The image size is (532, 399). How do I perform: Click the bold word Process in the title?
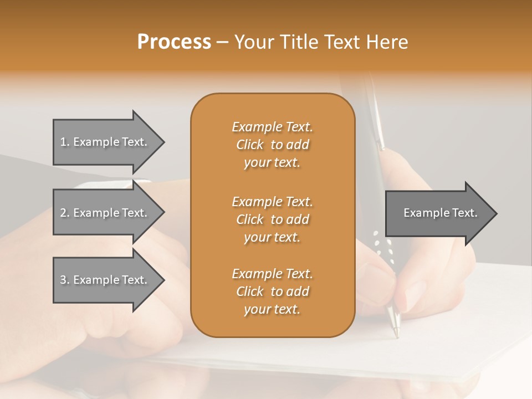click(x=174, y=42)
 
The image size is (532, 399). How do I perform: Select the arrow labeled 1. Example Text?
click(x=105, y=142)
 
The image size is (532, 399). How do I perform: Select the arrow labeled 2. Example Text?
click(x=105, y=213)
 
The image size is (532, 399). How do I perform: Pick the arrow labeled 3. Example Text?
click(x=105, y=280)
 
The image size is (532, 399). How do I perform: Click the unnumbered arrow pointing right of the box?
click(x=438, y=213)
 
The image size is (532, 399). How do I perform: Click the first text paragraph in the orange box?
click(x=272, y=145)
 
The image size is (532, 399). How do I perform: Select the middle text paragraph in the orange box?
click(x=272, y=219)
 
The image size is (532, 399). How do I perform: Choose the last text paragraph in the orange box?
click(x=272, y=291)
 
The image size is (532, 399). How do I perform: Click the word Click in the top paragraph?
click(x=250, y=145)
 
